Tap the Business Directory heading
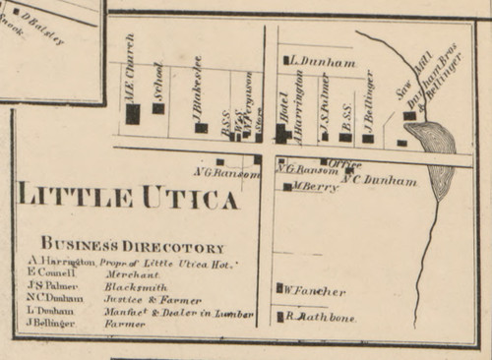[132, 248]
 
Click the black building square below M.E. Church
[133, 114]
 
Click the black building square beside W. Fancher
[280, 289]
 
